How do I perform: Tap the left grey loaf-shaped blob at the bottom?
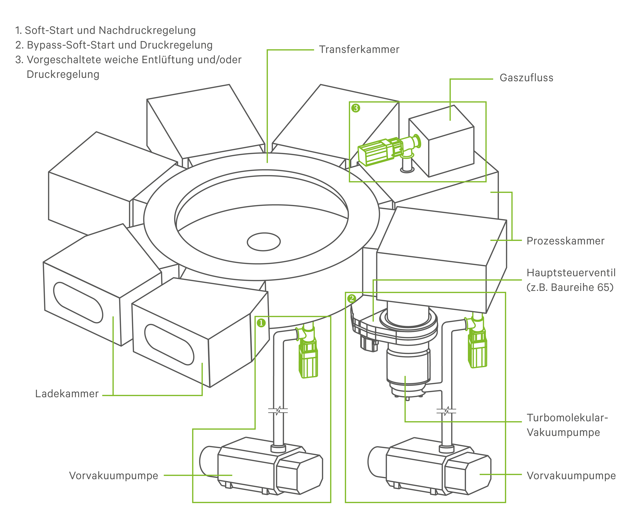259,463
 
